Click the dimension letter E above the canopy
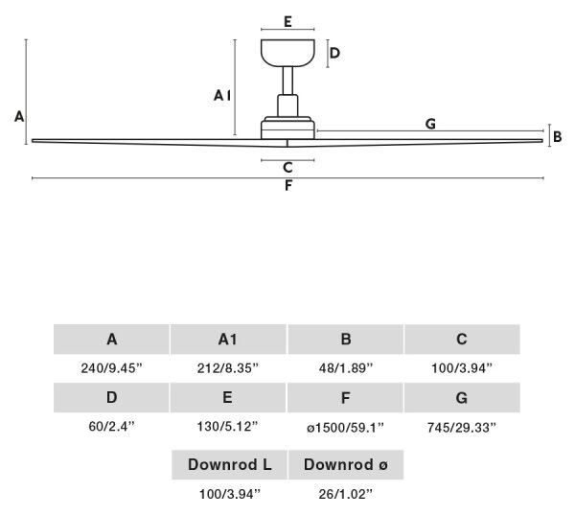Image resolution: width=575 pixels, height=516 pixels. click(287, 22)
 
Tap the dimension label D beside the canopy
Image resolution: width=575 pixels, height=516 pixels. click(334, 53)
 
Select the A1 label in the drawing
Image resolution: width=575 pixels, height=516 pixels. click(222, 96)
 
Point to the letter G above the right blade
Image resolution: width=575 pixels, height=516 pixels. click(430, 124)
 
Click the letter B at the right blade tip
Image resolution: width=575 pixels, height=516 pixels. click(558, 137)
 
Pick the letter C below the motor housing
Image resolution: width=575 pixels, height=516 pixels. click(287, 168)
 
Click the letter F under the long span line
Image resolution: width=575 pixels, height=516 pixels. click(288, 186)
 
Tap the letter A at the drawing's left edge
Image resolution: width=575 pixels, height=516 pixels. click(19, 117)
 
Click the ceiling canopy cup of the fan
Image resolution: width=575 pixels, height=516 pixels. click(287, 53)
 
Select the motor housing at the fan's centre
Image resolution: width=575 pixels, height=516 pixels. click(287, 129)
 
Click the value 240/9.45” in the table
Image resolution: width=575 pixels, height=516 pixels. click(111, 367)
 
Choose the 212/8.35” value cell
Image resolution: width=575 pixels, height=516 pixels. click(228, 367)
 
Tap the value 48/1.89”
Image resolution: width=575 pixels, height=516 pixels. click(346, 367)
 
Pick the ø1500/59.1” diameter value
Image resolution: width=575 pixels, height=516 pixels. click(345, 427)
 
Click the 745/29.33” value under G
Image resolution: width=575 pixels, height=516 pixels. click(462, 427)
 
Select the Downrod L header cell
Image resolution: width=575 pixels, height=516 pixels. click(230, 464)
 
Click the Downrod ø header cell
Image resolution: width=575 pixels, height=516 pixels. click(346, 464)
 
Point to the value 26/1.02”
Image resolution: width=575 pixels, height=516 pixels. click(345, 494)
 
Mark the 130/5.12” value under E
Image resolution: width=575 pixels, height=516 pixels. click(228, 427)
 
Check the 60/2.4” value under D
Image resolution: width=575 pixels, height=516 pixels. click(112, 427)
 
